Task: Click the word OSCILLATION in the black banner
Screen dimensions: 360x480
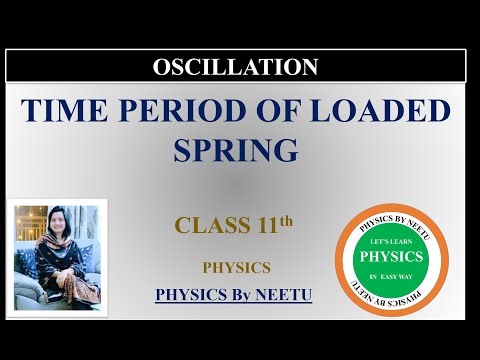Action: (x=236, y=67)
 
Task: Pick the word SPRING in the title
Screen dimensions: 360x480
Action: (x=236, y=151)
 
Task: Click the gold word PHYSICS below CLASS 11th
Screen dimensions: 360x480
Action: (x=236, y=267)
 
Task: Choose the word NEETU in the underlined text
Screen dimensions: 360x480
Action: (x=288, y=295)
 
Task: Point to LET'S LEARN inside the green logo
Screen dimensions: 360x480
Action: (x=391, y=240)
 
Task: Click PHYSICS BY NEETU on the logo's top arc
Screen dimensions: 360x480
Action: (x=391, y=214)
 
